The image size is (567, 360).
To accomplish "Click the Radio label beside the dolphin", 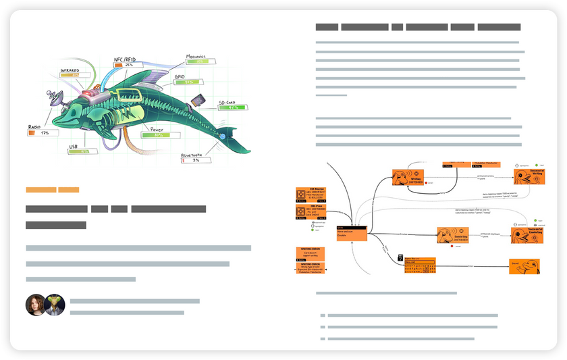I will click(x=34, y=126).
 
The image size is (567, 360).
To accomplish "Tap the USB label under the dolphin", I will click(x=74, y=145).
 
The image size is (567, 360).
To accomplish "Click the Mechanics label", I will click(x=200, y=56).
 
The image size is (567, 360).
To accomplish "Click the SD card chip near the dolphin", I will click(x=199, y=101).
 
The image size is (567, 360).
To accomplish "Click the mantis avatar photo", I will click(x=54, y=305).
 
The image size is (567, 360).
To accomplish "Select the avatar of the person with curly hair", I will click(x=36, y=305).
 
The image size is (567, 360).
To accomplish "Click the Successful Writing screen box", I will click(x=529, y=177).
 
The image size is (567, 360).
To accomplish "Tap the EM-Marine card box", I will click(x=310, y=195).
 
